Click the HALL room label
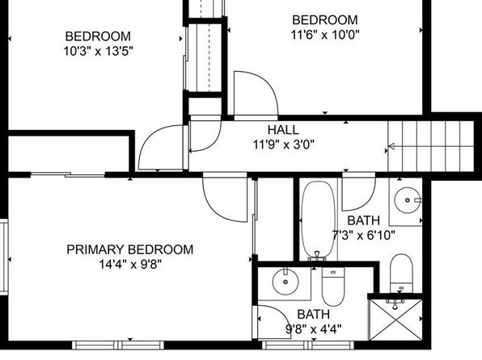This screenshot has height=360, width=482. pos(283,130)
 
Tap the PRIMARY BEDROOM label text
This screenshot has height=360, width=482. pos(130,249)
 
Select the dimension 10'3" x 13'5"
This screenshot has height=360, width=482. pos(98,51)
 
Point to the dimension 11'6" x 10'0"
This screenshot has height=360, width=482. pos(325,35)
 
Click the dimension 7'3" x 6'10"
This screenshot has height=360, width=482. pos(364,236)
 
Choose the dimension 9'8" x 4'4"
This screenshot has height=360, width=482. pos(314,329)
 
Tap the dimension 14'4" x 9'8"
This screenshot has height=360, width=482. pos(130,264)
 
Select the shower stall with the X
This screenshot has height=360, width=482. pos(396,320)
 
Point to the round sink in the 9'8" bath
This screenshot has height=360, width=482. pos(285,282)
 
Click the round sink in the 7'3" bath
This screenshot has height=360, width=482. pos(408,200)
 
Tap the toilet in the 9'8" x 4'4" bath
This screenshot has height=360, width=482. pos(333,287)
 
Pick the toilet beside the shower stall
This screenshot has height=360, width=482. pos(401,273)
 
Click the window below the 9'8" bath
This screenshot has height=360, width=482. pos(308,345)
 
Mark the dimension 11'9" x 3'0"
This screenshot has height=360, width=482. pos(284,144)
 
